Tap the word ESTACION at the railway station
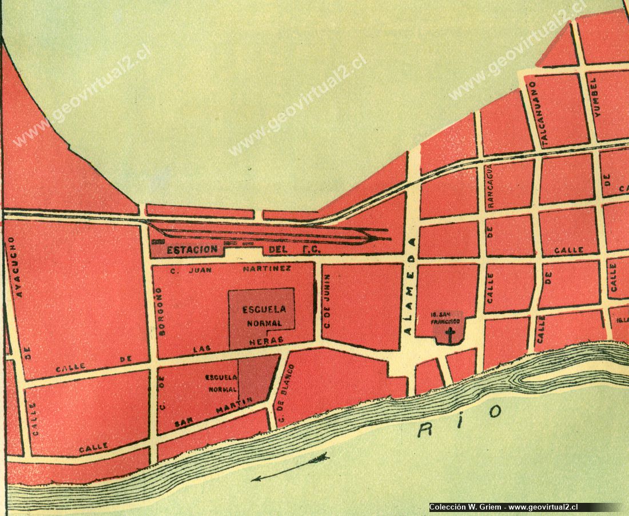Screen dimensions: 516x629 [192, 250]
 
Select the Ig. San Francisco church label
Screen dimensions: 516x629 [447, 318]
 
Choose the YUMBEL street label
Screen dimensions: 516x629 [598, 98]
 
